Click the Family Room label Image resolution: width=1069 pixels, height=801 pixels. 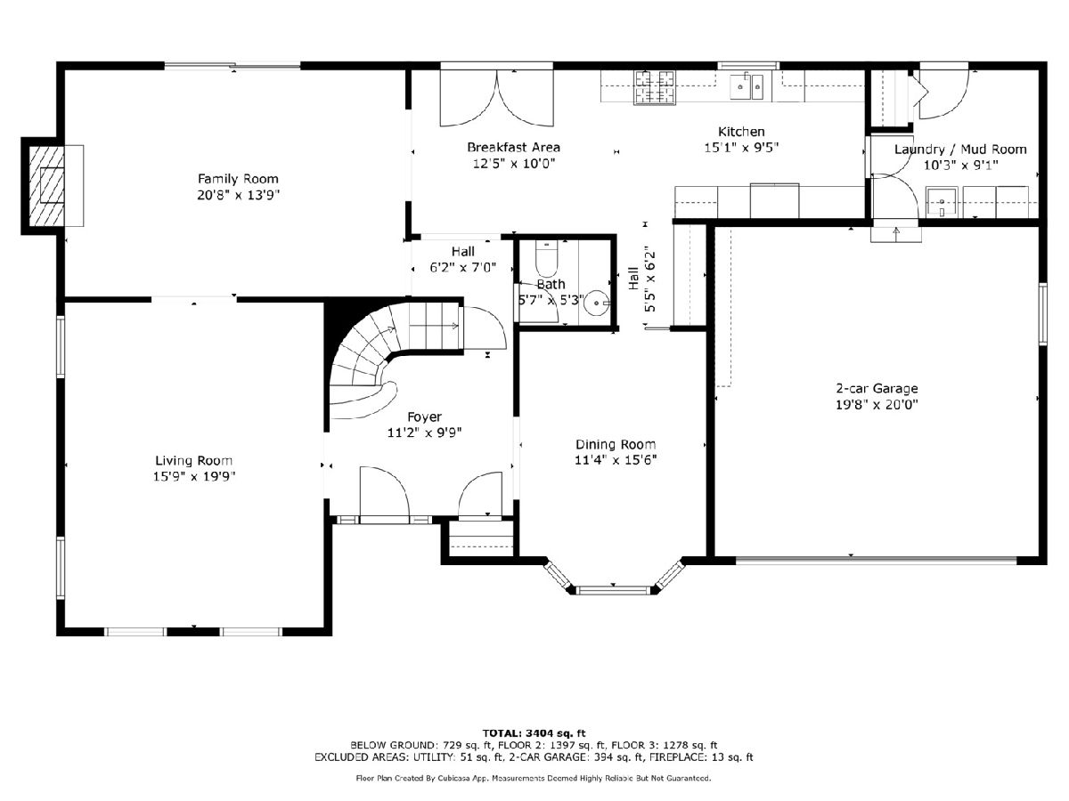(238, 179)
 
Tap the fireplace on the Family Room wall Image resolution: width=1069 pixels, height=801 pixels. (46, 185)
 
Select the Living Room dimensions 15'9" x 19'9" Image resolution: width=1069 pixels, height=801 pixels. (194, 476)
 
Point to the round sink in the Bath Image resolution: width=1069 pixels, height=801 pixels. (596, 303)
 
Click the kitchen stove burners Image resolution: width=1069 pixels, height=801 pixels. (655, 87)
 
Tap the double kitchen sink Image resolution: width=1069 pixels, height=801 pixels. (747, 87)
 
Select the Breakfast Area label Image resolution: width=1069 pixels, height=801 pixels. (513, 147)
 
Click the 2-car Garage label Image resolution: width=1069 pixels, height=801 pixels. (877, 388)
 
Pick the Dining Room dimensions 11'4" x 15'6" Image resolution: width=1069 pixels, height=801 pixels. (616, 459)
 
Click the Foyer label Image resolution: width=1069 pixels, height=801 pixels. (424, 417)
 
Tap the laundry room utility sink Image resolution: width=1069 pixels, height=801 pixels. (942, 202)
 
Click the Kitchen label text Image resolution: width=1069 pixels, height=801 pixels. (741, 132)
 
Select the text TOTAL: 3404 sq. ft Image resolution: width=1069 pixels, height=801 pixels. (534, 732)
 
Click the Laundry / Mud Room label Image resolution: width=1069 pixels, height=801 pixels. (960, 150)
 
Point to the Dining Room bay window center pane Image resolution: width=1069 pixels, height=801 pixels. (613, 590)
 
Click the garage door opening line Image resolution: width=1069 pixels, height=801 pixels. (876, 560)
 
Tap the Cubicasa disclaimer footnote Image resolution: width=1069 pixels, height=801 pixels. (534, 778)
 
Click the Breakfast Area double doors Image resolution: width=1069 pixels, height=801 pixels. (497, 97)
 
